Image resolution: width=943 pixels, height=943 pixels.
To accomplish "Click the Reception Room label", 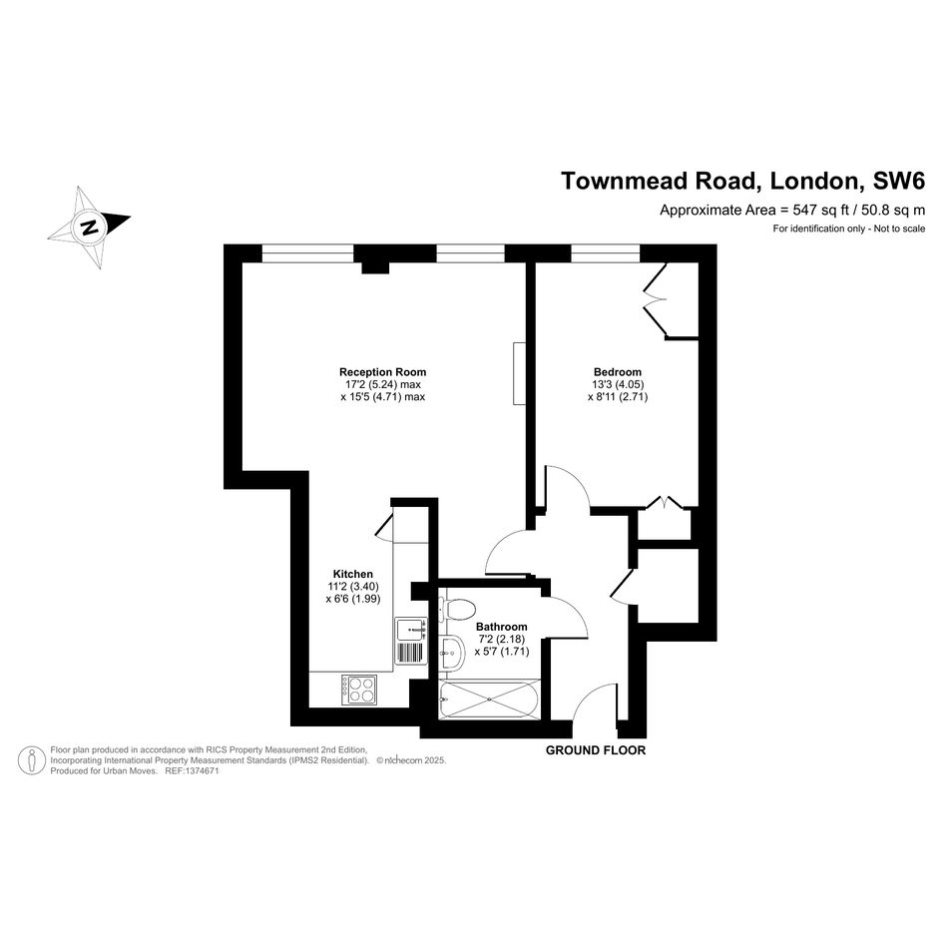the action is (382, 372).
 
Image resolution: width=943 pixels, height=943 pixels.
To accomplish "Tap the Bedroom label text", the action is (617, 372).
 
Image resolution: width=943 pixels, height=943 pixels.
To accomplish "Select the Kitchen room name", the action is (353, 575).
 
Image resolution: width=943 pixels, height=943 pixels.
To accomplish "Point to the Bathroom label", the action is (502, 627).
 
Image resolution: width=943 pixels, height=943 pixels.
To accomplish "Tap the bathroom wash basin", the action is (451, 652).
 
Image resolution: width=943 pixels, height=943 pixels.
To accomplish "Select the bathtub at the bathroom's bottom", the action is (490, 700).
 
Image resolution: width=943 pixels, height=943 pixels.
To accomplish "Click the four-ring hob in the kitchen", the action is (359, 690).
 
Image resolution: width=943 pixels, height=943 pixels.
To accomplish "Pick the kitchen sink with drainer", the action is (411, 641).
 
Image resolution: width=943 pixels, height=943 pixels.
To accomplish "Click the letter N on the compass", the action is (90, 228).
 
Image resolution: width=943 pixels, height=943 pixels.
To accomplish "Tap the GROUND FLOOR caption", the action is (596, 750).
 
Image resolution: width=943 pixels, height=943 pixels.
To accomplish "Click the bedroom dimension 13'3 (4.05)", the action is (619, 384).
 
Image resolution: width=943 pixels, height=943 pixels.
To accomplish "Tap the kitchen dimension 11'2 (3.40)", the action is (353, 587).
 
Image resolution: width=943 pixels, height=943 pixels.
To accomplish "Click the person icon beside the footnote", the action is (32, 760).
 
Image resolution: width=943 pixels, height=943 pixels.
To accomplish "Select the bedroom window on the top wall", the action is (606, 253).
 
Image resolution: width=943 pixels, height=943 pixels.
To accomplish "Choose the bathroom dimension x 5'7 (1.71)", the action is (502, 652).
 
